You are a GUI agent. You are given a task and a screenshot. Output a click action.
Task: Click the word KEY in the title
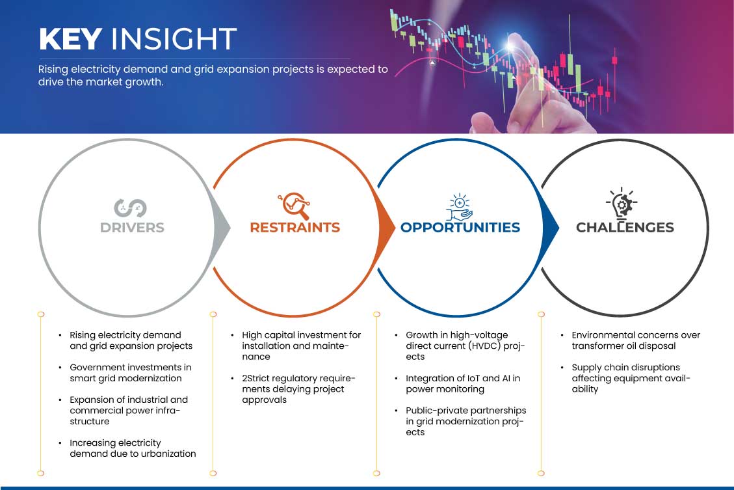(x=71, y=38)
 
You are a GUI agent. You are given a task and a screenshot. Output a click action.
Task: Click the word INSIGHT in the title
(x=174, y=38)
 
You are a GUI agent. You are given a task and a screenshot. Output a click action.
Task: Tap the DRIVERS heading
(x=132, y=228)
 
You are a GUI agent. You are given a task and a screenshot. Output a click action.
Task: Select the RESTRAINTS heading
(x=295, y=228)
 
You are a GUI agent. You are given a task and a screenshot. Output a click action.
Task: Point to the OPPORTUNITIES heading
(x=460, y=228)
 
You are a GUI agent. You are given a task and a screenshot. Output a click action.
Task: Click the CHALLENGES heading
(x=625, y=228)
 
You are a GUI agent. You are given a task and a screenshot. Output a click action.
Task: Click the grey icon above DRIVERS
(x=131, y=208)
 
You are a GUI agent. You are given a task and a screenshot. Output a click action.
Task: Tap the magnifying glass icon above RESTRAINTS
(x=295, y=206)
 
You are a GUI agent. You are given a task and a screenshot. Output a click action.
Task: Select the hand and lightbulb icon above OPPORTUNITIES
(x=459, y=206)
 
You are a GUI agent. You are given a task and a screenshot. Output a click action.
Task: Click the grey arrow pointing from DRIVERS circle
(x=222, y=228)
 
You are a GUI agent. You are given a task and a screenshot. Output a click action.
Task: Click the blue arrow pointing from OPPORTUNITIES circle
(x=551, y=227)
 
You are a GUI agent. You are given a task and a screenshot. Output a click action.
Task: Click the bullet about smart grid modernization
(x=131, y=373)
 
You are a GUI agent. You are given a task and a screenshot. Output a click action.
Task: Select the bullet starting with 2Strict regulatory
(x=298, y=389)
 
